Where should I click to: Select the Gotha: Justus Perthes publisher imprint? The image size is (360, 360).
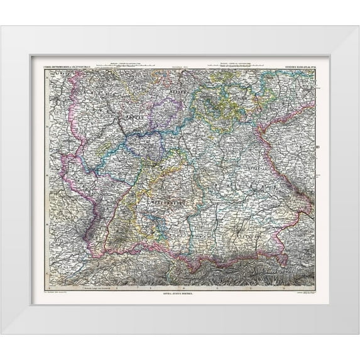point(180,293)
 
